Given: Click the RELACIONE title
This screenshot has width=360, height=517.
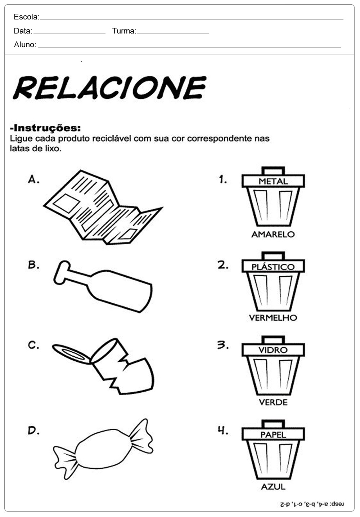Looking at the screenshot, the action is pos(109,88).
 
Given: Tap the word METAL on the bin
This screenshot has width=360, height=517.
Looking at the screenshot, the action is pos(273,181).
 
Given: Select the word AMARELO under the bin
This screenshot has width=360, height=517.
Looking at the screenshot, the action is pos(273,234).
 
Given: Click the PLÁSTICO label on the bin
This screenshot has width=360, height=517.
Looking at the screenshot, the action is pos(273,267).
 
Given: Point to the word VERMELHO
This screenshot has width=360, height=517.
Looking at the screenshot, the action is pos(273,318).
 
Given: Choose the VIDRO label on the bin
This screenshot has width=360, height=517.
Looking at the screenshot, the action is pos(273,350).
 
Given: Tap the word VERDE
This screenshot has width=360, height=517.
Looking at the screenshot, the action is pos(273,402).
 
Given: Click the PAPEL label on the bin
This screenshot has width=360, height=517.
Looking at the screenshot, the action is pos(273,434).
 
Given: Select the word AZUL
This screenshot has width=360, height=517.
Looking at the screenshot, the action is pos(273,486).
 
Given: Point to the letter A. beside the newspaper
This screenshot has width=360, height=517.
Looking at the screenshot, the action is pos(33,179).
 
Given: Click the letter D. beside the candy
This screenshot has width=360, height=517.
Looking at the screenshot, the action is pos(33,430).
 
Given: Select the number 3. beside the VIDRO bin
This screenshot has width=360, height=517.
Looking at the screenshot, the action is pos(223,345).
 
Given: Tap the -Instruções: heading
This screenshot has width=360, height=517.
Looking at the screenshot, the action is pos(45,128).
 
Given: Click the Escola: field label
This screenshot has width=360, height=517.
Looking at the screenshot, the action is pos(26,17).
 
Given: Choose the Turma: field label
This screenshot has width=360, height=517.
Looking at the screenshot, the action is pos(124,31).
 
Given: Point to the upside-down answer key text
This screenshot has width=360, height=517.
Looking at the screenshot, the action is pos(312,504).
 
